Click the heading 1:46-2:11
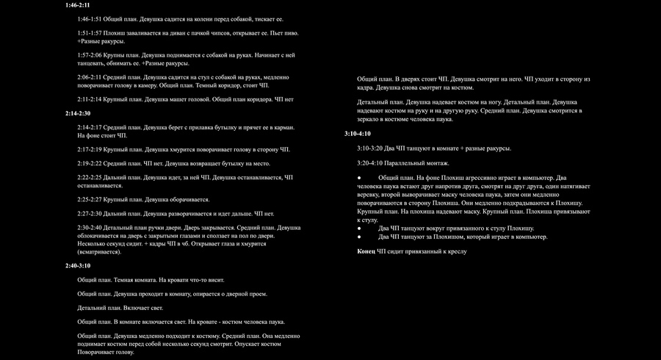coord(77,5)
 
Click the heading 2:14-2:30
coord(77,113)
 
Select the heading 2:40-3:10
coord(77,265)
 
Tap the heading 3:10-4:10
coord(357,134)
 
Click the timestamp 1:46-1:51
coord(90,19)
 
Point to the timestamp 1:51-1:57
coord(90,34)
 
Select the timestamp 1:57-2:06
coord(90,55)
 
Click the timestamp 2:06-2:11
coord(90,76)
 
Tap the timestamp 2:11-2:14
coord(90,98)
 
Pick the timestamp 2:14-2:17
coord(90,127)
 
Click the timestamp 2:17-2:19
coord(90,149)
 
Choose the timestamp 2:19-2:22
coord(90,163)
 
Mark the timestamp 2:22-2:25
coord(90,178)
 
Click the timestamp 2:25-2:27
coord(90,199)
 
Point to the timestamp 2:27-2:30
coord(90,214)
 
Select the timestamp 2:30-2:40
coord(90,228)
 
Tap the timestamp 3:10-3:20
coord(370,148)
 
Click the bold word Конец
coord(366,251)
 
